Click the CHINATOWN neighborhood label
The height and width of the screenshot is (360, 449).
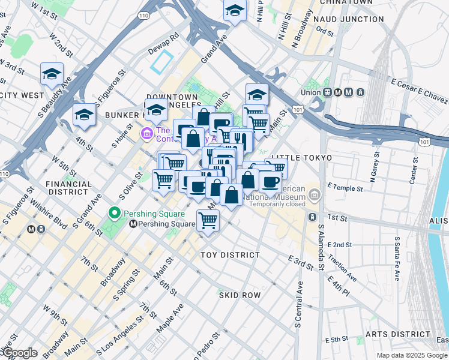347,3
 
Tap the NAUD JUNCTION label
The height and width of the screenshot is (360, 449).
346,19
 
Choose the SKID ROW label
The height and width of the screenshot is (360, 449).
240,295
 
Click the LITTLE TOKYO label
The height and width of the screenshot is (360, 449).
301,158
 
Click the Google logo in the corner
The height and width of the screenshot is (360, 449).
19,353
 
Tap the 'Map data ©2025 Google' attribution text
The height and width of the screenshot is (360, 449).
411,355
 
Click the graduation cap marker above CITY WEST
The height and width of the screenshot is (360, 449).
52,74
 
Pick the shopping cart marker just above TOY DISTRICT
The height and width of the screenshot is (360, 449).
208,220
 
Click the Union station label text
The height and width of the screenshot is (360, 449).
311,92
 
